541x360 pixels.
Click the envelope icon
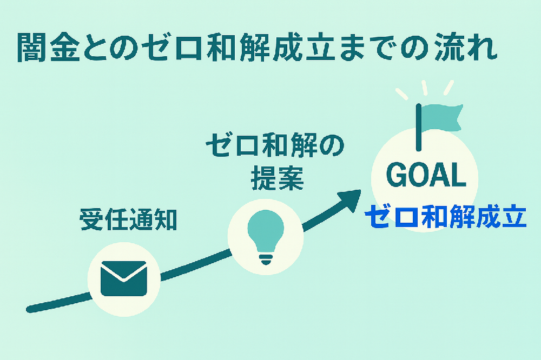pyautogui.click(x=123, y=278)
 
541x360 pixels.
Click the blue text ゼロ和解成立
pyautogui.click(x=445, y=217)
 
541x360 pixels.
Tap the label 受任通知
pyautogui.click(x=128, y=219)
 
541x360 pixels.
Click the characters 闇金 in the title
pyautogui.click(x=50, y=49)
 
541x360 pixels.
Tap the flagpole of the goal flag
pyautogui.click(x=418, y=127)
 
